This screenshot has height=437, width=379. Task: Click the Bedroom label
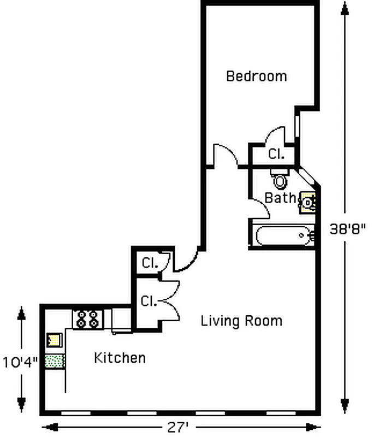tap(256, 76)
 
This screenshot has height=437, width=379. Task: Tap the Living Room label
tap(241, 321)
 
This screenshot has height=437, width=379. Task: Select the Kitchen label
tap(120, 358)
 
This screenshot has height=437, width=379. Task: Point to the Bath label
tap(280, 198)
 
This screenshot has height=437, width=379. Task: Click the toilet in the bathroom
tap(280, 179)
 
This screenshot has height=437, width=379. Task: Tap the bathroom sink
tap(307, 203)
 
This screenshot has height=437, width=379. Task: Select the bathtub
tap(284, 236)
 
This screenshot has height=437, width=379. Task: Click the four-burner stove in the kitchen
tap(88, 319)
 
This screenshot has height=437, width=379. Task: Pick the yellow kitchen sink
tap(54, 340)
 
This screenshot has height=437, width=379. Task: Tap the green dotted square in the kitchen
tap(55, 361)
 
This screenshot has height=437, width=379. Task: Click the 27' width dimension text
tap(177, 427)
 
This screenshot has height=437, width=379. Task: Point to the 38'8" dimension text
tap(347, 229)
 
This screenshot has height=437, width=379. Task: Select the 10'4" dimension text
tap(20, 362)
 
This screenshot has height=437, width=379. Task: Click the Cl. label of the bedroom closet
tap(276, 153)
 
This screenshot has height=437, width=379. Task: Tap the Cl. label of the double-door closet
tap(147, 301)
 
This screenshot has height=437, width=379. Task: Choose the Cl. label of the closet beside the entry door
tap(150, 263)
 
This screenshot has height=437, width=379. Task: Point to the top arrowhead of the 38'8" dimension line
tap(345, 9)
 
